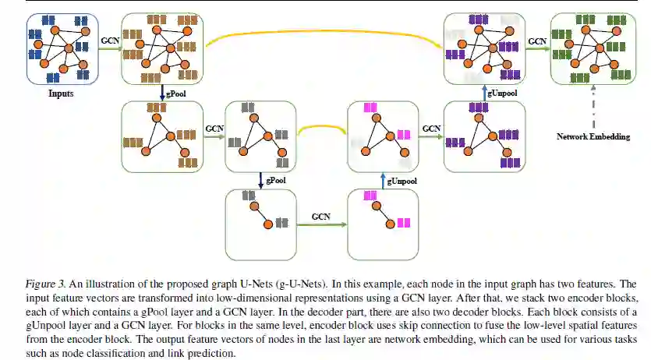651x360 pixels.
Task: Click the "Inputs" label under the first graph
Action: point(60,94)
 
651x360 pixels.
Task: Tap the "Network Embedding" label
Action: point(593,136)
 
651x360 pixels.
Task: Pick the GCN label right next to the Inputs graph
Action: point(110,41)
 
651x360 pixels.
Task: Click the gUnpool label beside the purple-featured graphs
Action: point(502,93)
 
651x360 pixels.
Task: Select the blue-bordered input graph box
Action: point(60,48)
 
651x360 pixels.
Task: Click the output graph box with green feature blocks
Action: point(593,48)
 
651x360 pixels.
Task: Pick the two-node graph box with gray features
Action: point(258,219)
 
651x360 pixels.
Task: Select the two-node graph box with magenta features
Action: point(384,219)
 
